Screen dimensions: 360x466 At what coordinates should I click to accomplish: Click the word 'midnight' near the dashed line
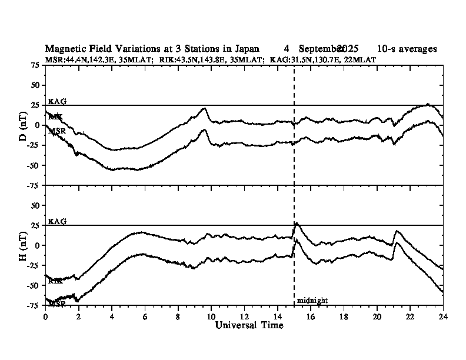pyautogui.click(x=312, y=300)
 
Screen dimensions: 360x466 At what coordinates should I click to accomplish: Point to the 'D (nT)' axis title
pyautogui.click(x=23, y=125)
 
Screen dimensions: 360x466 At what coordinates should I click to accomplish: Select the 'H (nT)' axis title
pyautogui.click(x=23, y=245)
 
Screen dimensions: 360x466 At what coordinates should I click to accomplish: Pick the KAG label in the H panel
pyautogui.click(x=57, y=222)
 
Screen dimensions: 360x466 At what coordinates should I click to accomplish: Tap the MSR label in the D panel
pyautogui.click(x=57, y=131)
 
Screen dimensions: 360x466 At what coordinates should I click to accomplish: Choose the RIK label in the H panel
pyautogui.click(x=55, y=281)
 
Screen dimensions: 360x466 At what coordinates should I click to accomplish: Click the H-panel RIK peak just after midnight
pyautogui.click(x=297, y=224)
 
